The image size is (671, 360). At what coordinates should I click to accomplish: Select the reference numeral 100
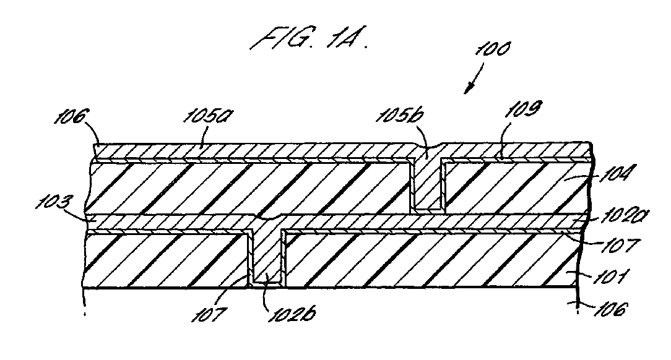point(492,49)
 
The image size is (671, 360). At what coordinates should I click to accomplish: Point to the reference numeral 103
point(52,202)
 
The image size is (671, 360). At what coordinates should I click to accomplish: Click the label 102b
point(292,315)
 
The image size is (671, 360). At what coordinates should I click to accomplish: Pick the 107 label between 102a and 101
point(620,246)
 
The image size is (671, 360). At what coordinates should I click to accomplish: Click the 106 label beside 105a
point(71,116)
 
